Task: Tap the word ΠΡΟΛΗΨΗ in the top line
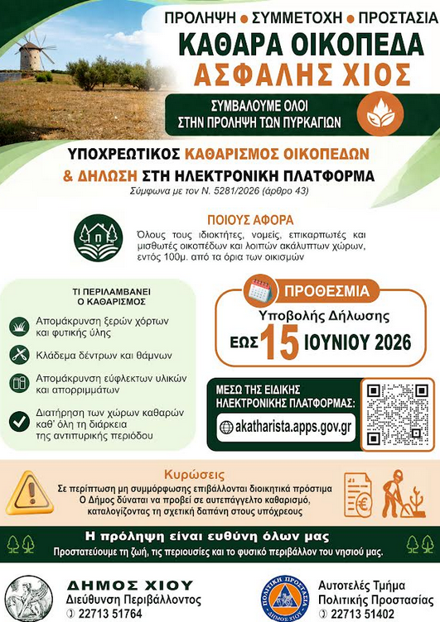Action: point(201,17)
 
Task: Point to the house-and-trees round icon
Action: point(98,238)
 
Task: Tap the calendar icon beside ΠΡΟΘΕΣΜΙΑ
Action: point(260,290)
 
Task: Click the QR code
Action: point(398,414)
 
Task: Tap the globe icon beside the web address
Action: point(227,427)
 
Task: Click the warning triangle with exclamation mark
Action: point(27,494)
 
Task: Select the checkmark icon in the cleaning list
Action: point(19,420)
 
